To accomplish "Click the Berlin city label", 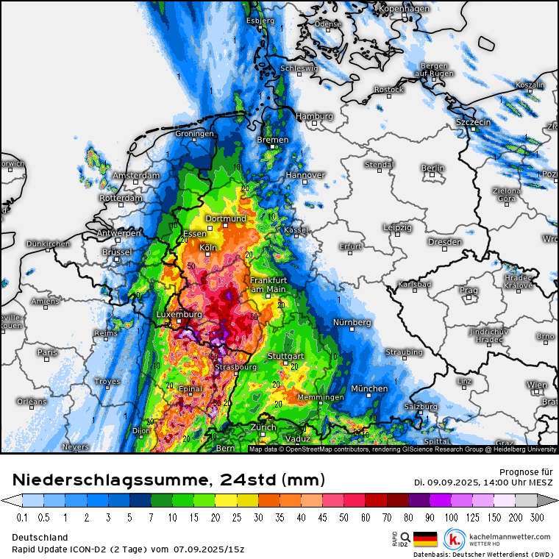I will tap(433, 168).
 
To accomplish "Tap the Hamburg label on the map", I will tap(314, 116).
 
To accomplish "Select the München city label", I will tap(369, 388).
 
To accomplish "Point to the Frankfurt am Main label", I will tap(268, 285).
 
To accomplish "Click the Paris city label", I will tap(47, 352).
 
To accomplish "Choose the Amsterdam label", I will tap(135, 176).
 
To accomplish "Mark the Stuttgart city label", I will tap(285, 356).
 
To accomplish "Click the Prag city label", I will tap(469, 290).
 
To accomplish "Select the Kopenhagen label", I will tap(404, 9).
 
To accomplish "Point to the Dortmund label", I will tap(225, 218).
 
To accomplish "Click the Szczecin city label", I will tap(473, 121).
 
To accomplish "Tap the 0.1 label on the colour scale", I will tap(22, 518).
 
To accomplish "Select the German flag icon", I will tap(425, 538).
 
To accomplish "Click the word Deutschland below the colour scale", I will tap(40, 538).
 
